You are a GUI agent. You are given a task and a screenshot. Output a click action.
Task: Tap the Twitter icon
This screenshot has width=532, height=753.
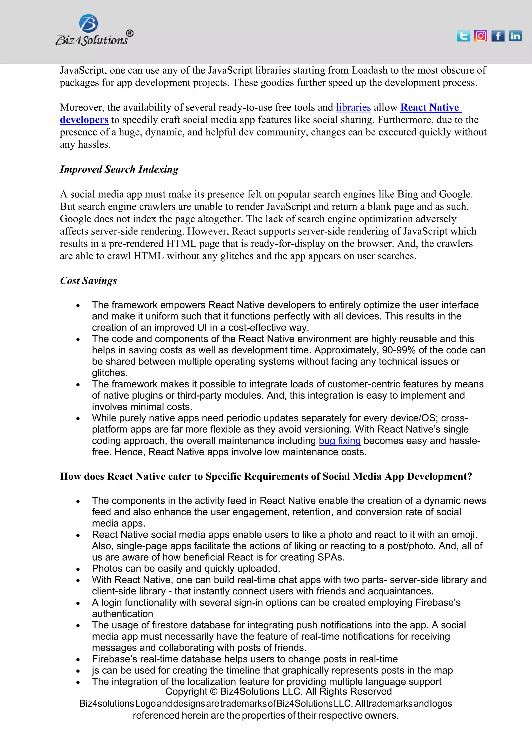click(x=463, y=36)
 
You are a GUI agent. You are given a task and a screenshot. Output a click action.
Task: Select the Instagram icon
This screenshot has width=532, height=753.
click(x=481, y=36)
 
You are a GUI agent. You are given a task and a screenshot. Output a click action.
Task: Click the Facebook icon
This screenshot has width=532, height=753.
click(x=498, y=36)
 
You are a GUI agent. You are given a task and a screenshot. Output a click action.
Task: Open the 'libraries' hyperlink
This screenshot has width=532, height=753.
click(x=353, y=108)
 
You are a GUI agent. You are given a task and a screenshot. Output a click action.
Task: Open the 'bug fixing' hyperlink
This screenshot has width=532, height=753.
click(x=340, y=440)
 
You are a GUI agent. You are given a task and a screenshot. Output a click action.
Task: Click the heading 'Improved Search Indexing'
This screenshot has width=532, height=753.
click(x=119, y=169)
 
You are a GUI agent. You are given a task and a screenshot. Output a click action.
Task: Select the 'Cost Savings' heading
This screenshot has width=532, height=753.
click(x=88, y=281)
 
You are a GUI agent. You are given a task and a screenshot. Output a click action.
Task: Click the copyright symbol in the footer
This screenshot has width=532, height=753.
click(x=214, y=691)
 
